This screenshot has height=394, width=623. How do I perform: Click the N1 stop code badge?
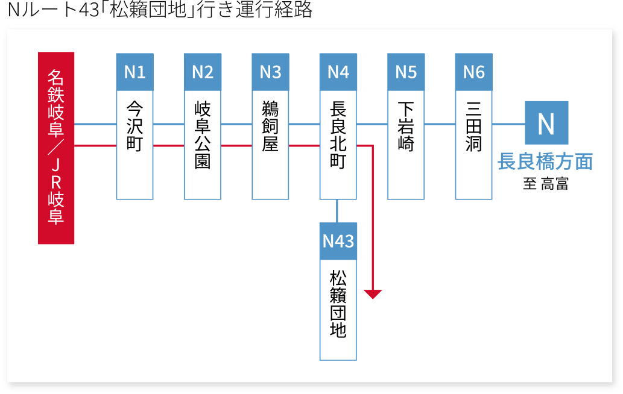click(x=134, y=72)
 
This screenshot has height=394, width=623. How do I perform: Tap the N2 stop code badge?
click(x=203, y=72)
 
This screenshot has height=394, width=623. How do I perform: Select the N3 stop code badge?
click(x=270, y=72)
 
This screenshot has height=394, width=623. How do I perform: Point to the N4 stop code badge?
click(x=338, y=72)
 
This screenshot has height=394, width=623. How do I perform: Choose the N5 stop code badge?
click(x=406, y=72)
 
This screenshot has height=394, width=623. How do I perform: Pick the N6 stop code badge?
click(x=474, y=72)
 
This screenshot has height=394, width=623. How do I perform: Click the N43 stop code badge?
click(x=338, y=242)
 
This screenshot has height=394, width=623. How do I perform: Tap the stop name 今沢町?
click(x=134, y=126)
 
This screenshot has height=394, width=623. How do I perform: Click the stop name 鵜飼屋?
click(x=270, y=126)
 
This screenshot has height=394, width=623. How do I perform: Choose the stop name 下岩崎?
click(x=406, y=126)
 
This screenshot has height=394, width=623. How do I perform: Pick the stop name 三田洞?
click(x=474, y=126)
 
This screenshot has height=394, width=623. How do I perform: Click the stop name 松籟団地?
click(x=338, y=304)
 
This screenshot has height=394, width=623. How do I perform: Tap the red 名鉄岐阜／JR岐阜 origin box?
click(x=56, y=148)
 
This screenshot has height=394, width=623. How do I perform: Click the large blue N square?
click(x=546, y=123)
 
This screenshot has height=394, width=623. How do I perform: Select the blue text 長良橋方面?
click(x=545, y=161)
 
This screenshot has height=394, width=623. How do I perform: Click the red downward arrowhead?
click(x=373, y=294)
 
